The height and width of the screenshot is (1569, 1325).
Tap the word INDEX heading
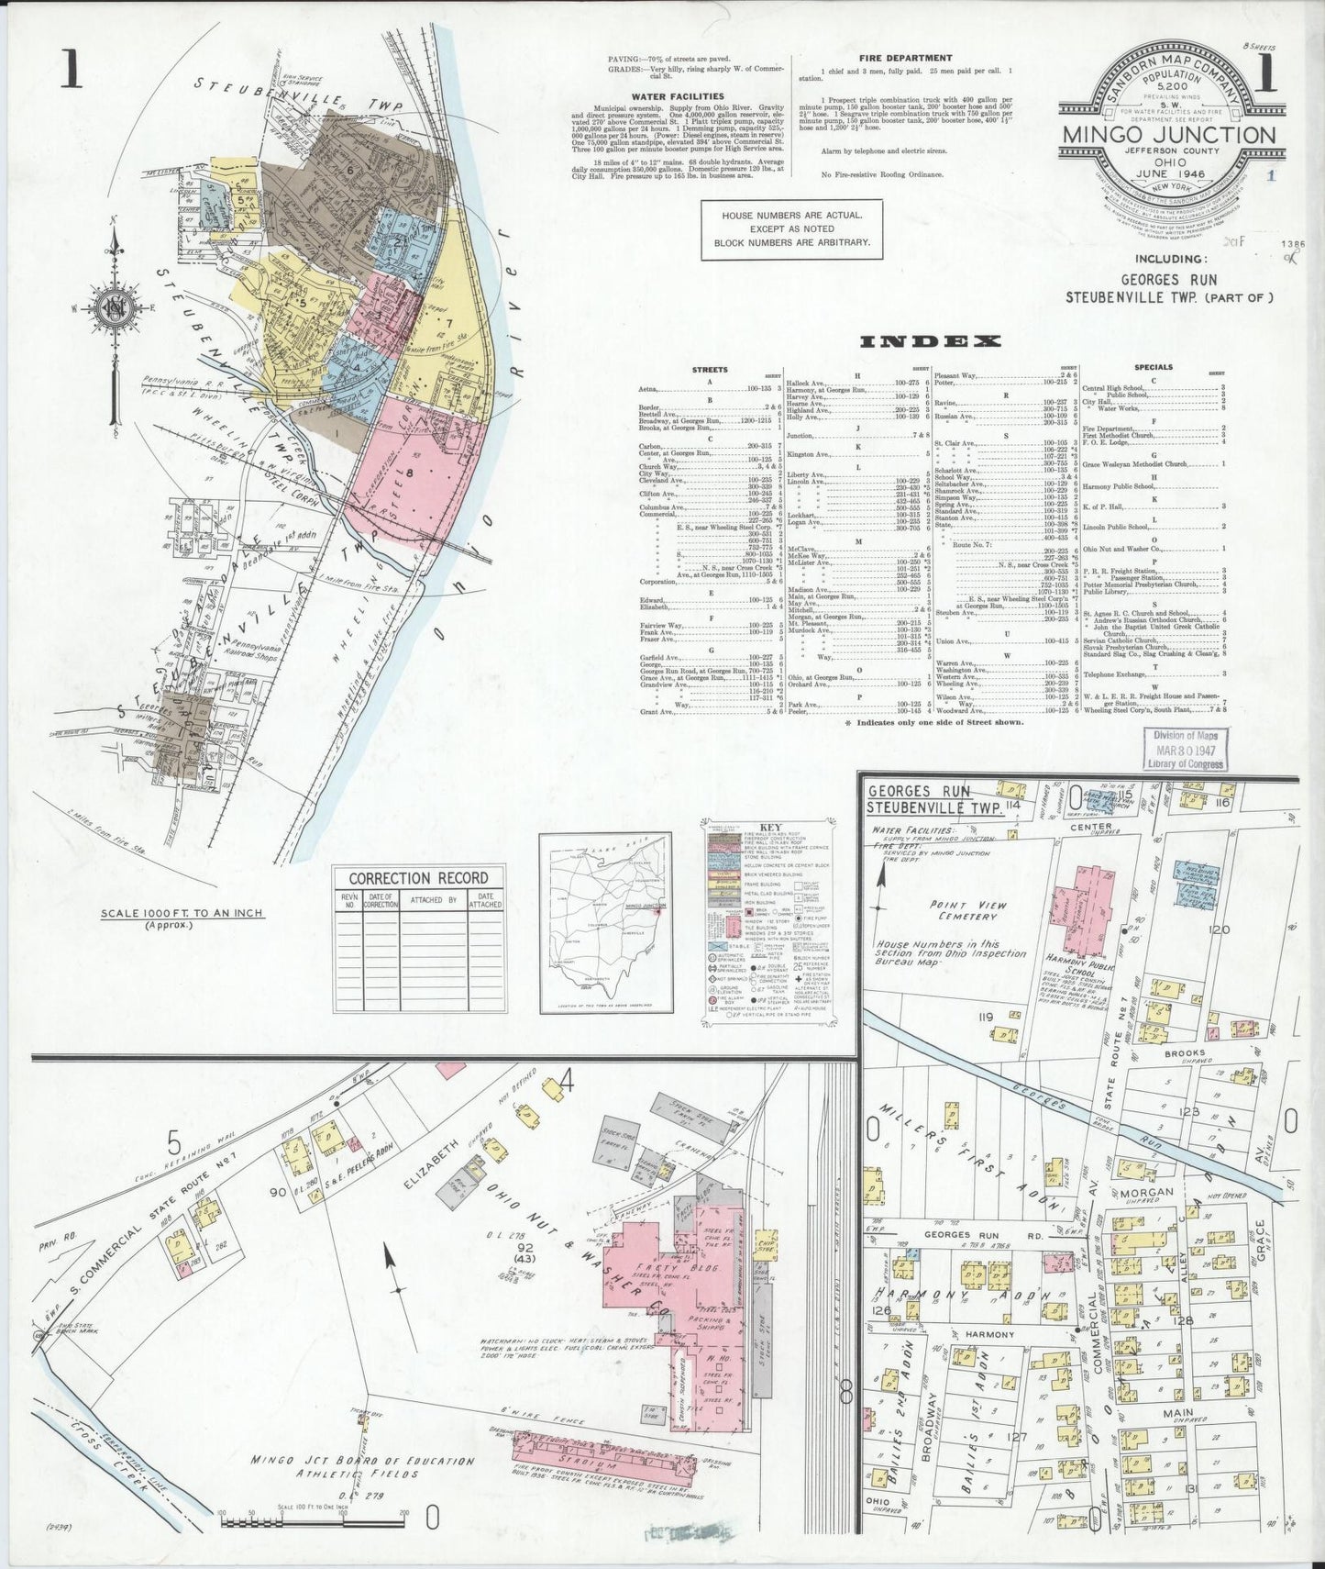[929, 342]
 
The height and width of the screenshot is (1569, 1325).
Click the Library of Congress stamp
[1185, 749]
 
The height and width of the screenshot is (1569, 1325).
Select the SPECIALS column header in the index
[1153, 368]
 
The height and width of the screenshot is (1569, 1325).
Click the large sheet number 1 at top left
[71, 72]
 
